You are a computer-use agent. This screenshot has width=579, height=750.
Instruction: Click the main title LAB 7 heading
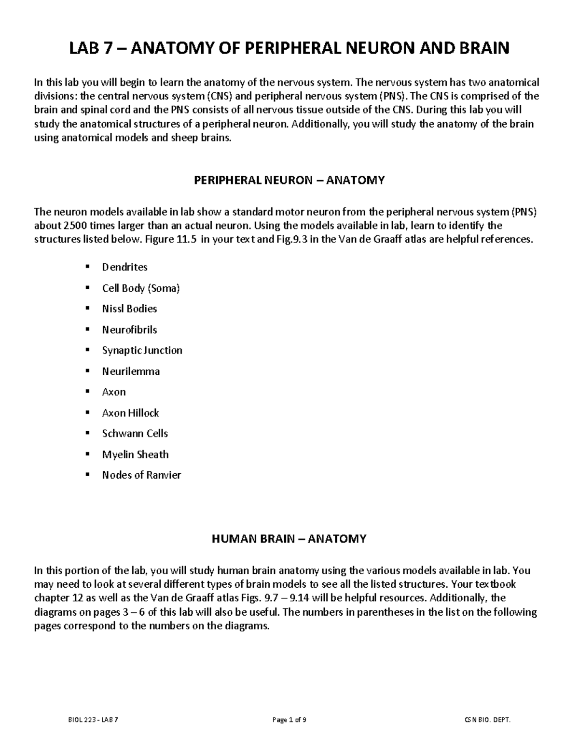coord(289,48)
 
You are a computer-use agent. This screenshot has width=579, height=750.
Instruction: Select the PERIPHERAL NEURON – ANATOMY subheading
coord(289,180)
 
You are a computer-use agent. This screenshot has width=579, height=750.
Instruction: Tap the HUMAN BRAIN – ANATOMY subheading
coord(289,538)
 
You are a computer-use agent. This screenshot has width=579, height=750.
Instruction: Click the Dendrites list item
coord(124,267)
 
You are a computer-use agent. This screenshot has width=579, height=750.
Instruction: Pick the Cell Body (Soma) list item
coord(140,288)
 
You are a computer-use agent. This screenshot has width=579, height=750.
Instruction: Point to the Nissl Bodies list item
coord(129,309)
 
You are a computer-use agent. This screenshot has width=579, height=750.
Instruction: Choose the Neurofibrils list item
coord(129,330)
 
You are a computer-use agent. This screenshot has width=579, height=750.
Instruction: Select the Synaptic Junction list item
coord(142,351)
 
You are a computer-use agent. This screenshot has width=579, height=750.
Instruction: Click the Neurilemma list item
coord(131,371)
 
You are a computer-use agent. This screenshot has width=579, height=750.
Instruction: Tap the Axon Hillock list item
coord(130,413)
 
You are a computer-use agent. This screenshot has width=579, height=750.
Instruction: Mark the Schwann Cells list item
coord(135,434)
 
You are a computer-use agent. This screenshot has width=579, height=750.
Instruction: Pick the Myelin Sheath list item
coord(135,454)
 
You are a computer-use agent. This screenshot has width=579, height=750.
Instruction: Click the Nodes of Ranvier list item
coord(141,475)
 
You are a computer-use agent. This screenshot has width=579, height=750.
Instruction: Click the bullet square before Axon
coord(87,392)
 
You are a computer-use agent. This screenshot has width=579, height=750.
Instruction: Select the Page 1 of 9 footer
coord(289,720)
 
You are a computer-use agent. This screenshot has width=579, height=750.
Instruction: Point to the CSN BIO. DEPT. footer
coord(487,720)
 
